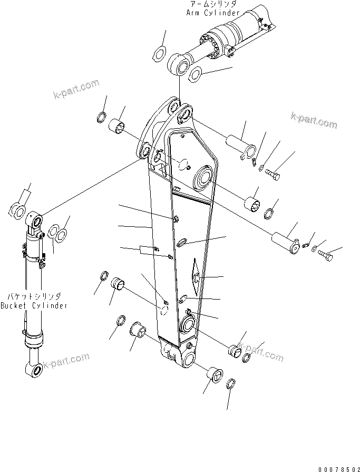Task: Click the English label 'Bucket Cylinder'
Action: click(33, 306)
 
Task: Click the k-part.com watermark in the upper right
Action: click(313, 120)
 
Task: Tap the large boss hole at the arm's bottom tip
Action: click(188, 360)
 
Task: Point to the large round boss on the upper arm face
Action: click(203, 177)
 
